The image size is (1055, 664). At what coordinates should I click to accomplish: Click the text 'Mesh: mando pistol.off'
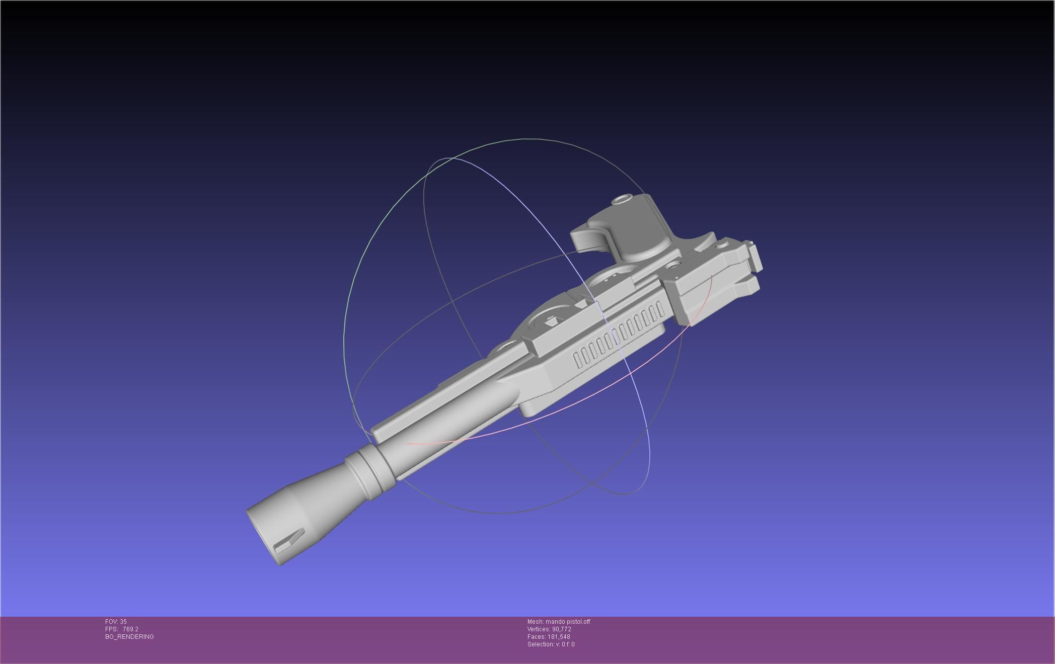558,622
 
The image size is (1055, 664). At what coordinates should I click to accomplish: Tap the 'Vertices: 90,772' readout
549,629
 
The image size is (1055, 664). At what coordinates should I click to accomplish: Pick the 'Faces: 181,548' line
549,637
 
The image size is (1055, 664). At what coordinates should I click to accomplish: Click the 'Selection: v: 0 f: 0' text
551,644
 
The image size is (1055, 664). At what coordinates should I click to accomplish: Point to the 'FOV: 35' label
116,622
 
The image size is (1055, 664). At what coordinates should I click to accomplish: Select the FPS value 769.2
130,629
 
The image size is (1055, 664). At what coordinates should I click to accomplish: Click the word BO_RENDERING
129,637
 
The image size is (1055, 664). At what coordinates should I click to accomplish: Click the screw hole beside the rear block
672,265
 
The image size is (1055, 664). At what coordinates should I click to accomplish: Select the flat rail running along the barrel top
428,412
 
